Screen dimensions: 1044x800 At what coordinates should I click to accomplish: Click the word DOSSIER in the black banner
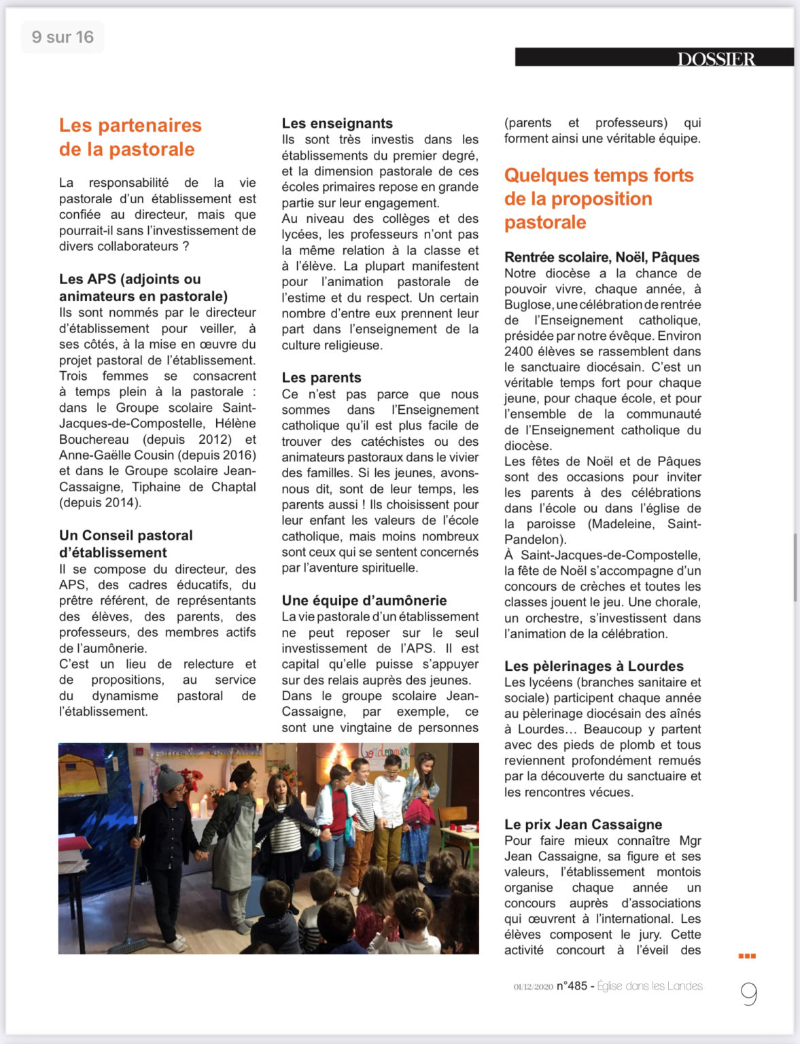click(716, 59)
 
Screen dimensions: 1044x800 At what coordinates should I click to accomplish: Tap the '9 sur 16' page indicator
click(63, 37)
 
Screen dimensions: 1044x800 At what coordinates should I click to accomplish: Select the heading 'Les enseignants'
click(337, 123)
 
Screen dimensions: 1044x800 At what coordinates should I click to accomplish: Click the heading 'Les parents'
click(321, 377)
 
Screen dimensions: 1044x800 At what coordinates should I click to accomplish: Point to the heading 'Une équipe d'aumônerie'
click(364, 600)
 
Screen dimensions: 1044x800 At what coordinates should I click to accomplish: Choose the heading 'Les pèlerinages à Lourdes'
click(593, 666)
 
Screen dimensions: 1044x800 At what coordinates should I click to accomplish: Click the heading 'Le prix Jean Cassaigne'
click(582, 824)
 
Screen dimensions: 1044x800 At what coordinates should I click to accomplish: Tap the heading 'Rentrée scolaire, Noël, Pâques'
click(602, 257)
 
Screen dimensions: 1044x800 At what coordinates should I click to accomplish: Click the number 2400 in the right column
click(519, 351)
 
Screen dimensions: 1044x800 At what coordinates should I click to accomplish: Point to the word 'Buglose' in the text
click(527, 304)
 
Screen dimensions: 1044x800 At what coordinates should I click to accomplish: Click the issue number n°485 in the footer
click(571, 986)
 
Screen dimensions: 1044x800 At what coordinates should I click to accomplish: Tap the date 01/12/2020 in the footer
click(533, 987)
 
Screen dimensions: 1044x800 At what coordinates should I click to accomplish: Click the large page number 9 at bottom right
click(748, 994)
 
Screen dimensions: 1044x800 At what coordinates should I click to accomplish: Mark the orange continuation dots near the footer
click(747, 956)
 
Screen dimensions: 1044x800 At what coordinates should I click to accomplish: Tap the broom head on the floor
click(129, 945)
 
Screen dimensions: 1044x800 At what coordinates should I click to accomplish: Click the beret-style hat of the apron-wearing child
click(243, 772)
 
